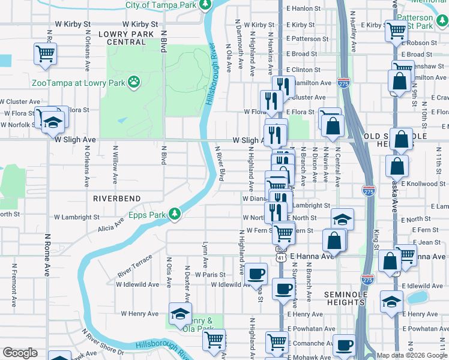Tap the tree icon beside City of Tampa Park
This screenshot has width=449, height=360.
click(x=205, y=5)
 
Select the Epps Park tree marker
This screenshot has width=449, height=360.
click(x=175, y=213)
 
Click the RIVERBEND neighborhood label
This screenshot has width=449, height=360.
click(x=116, y=198)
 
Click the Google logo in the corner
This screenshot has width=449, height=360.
click(x=20, y=353)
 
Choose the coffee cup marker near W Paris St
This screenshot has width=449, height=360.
click(x=256, y=274)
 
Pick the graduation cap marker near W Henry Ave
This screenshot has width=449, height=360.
click(x=180, y=314)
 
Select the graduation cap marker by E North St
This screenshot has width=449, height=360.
click(x=342, y=219)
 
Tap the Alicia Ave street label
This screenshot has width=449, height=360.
click(x=112, y=224)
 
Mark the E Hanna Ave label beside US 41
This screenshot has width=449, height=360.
click(x=312, y=256)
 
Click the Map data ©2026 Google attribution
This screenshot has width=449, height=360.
click(x=411, y=355)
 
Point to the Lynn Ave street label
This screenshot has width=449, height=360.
click(x=205, y=254)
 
